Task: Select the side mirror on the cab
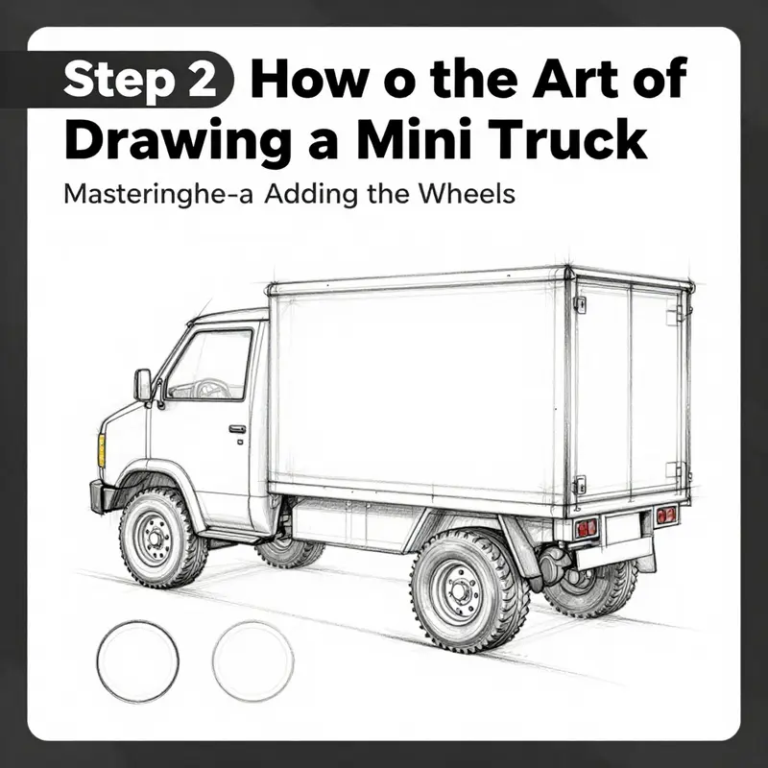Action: point(143,385)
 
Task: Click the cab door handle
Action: point(237,429)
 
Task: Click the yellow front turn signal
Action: point(101,448)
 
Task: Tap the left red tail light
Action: point(586,527)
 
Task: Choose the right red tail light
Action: point(665,516)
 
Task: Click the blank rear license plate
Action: point(624,527)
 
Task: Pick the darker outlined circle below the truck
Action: point(137,661)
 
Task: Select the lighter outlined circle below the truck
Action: point(252,661)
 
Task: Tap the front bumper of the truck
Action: point(97,495)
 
